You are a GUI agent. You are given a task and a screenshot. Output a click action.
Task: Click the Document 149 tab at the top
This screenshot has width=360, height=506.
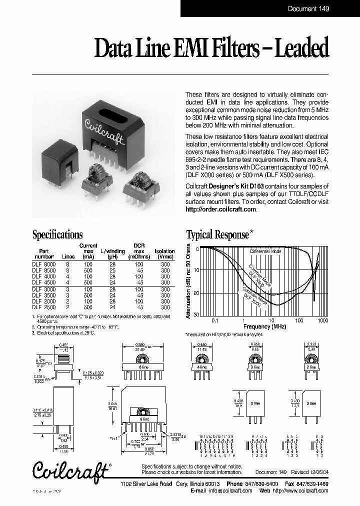pos(308,8)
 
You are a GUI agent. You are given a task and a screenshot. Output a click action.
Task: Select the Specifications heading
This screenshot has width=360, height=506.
pos(57,234)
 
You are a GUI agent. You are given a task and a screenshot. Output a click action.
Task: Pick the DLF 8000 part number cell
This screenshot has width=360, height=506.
pos(44,263)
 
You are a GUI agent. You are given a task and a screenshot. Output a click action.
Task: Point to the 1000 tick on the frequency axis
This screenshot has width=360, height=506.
pos(322,319)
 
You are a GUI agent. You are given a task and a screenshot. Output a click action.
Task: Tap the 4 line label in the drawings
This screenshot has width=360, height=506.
pos(202,366)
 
